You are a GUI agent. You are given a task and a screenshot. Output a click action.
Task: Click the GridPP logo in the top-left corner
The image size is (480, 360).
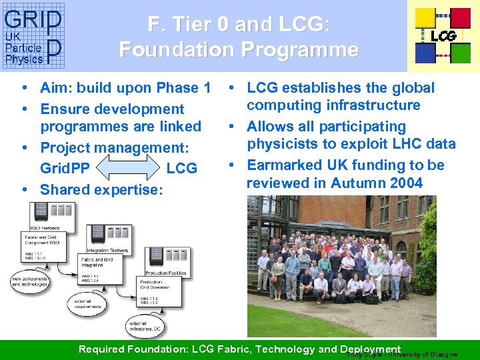pos(33,36)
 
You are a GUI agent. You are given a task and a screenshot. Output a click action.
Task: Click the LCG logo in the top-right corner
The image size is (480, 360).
pos(443,35)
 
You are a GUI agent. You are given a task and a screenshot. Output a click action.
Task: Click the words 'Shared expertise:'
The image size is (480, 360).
pos(101,189)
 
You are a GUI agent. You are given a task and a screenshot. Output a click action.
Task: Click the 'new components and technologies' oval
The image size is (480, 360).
pos(29,281)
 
